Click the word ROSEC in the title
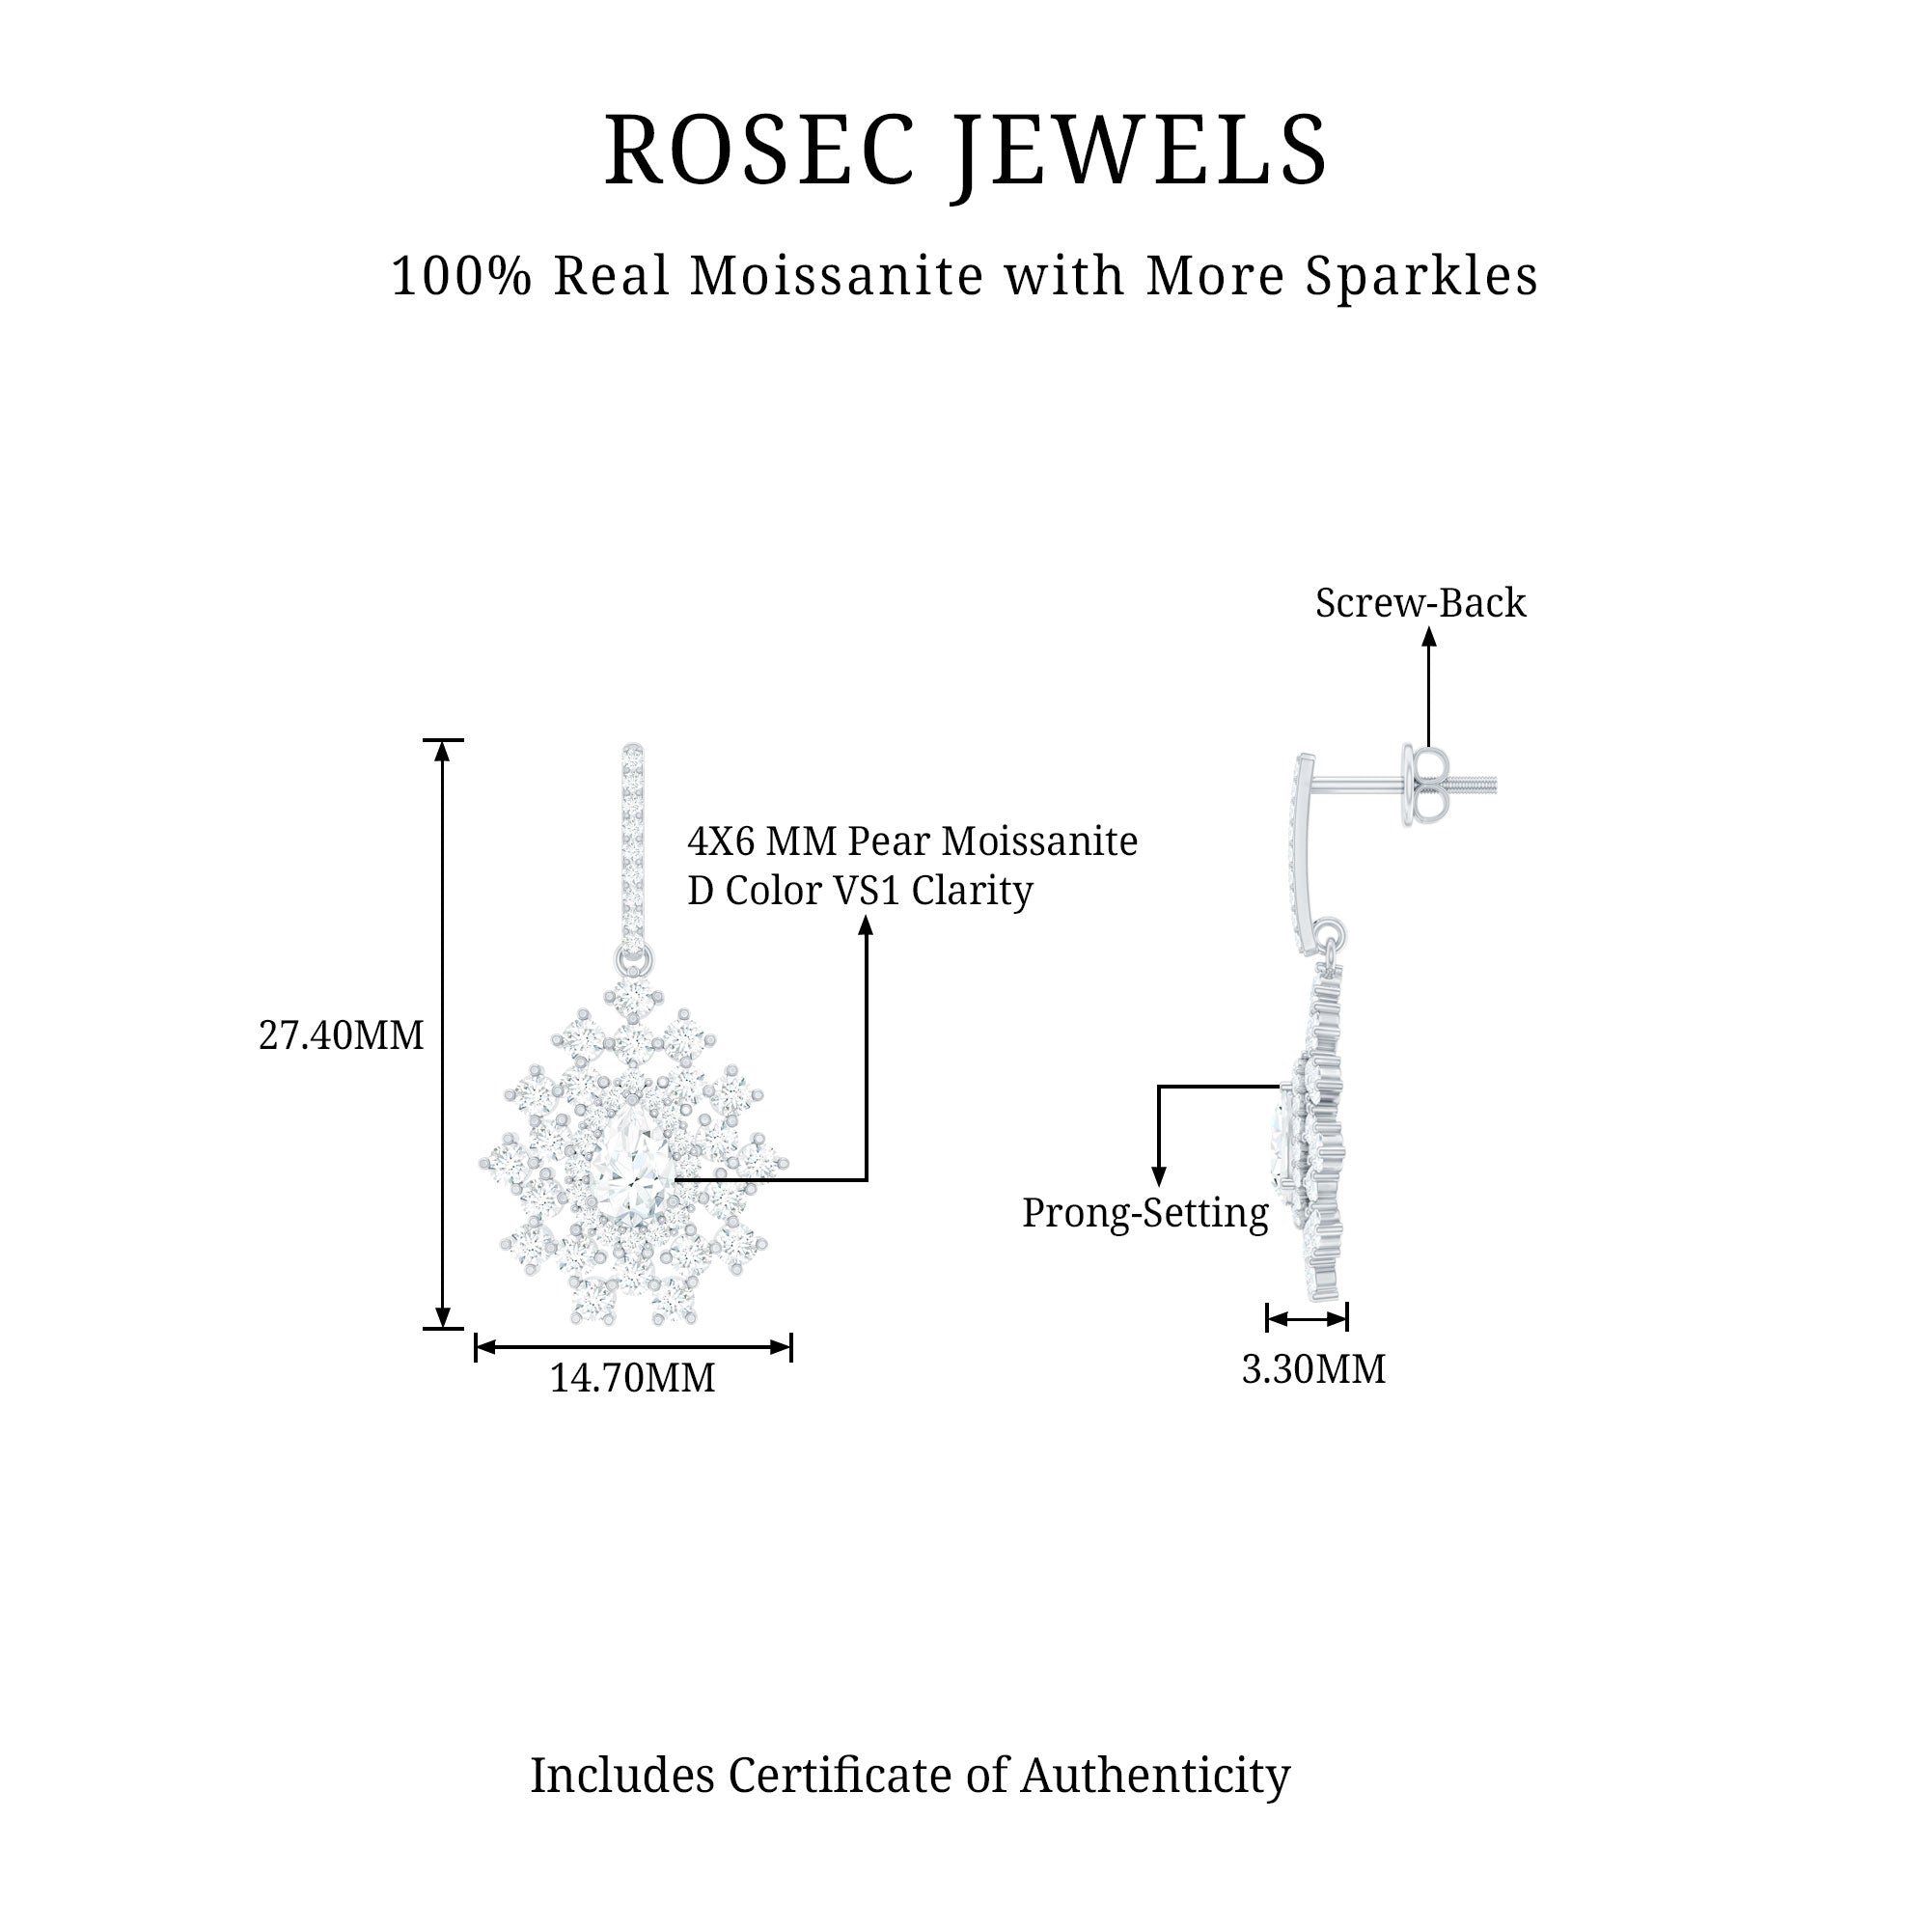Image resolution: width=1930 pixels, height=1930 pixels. click(x=759, y=150)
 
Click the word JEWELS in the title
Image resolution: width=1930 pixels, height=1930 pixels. click(x=1141, y=152)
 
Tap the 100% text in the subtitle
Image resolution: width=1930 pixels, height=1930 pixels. click(x=461, y=276)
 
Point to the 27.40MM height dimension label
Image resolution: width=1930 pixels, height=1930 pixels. click(x=341, y=1035)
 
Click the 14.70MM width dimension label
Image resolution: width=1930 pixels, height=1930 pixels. click(x=632, y=1379)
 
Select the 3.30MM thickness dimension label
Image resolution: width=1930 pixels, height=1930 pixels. click(x=1312, y=1369)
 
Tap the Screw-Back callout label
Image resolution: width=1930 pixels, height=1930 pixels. click(x=1420, y=603)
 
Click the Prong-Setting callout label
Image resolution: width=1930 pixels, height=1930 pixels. click(x=1144, y=1213)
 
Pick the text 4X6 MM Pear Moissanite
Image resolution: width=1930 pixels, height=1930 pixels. click(x=912, y=841)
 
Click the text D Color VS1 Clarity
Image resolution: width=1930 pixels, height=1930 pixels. click(x=860, y=891)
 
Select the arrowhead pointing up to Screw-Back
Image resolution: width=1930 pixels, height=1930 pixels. click(x=1428, y=636)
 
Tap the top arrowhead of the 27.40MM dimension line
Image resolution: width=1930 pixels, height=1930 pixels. click(x=443, y=749)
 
